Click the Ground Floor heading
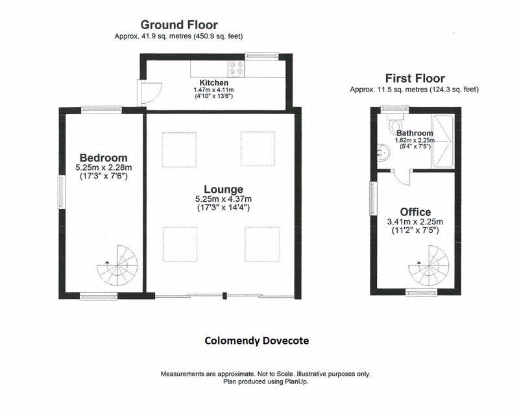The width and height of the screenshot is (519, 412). coord(179,25)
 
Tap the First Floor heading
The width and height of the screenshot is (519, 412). coord(415,79)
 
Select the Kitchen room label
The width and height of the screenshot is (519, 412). coord(214,83)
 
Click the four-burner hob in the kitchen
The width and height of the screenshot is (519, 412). coord(236,69)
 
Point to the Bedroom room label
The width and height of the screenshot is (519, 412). coord(103,158)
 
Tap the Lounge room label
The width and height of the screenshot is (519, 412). coord(223,189)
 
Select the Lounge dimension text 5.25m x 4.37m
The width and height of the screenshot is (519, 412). coord(223,199)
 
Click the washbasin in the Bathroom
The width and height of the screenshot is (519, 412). coord(383,153)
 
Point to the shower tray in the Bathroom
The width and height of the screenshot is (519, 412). coord(442,141)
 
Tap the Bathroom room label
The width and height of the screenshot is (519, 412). coord(415,134)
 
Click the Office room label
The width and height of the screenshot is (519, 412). coord(415,212)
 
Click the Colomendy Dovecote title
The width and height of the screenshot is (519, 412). coord(256,341)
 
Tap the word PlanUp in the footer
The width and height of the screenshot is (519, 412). coord(296,382)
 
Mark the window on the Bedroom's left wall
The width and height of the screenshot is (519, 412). coord(62,192)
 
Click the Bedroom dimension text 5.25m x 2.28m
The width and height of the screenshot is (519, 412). coord(103,168)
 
